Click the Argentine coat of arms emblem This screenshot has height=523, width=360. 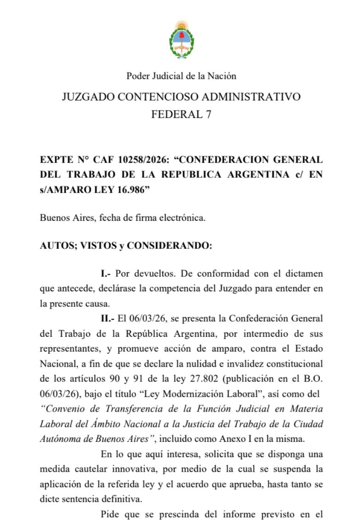tap(181, 40)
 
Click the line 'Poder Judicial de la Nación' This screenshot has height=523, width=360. tap(181, 76)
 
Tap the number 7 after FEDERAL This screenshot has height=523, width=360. tap(208, 115)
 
